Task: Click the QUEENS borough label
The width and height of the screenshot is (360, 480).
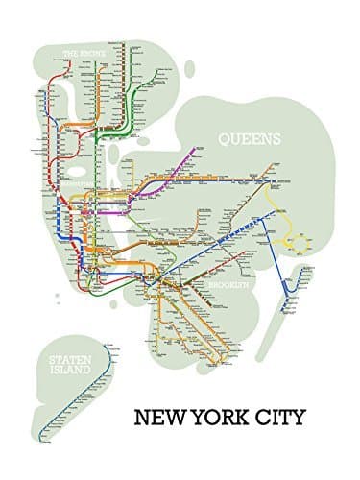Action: coord(250,138)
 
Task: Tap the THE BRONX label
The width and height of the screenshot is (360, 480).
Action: coord(84,54)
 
